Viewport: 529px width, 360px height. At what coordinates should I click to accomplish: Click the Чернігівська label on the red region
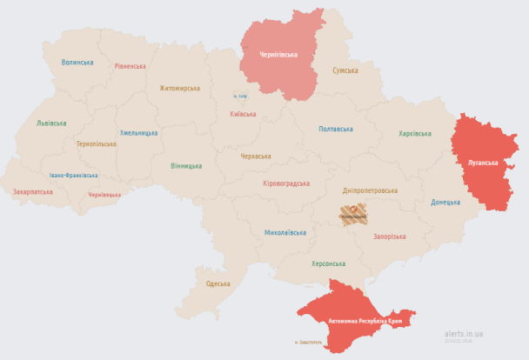278,54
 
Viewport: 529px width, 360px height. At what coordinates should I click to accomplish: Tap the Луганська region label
483,163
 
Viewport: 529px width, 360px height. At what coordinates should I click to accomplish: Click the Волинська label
77,63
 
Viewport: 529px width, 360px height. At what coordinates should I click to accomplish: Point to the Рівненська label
130,66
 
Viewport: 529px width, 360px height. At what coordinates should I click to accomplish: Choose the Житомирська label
179,88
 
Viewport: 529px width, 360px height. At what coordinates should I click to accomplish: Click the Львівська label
51,123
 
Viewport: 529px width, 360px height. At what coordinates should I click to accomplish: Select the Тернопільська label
96,143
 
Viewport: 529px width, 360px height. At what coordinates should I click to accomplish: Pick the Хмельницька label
138,133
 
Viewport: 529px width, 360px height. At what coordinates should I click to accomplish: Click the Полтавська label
336,130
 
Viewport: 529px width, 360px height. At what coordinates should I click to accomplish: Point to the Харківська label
415,134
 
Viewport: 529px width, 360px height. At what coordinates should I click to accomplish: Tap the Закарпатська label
33,191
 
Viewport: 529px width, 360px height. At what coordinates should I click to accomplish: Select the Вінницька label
186,166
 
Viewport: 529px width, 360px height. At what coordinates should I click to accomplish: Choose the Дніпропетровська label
370,190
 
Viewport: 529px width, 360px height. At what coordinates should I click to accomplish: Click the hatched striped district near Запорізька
353,214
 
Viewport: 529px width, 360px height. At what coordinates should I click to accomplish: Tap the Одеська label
218,283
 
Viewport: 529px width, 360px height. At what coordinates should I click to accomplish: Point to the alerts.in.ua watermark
464,333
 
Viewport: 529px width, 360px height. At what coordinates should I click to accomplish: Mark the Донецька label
445,203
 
